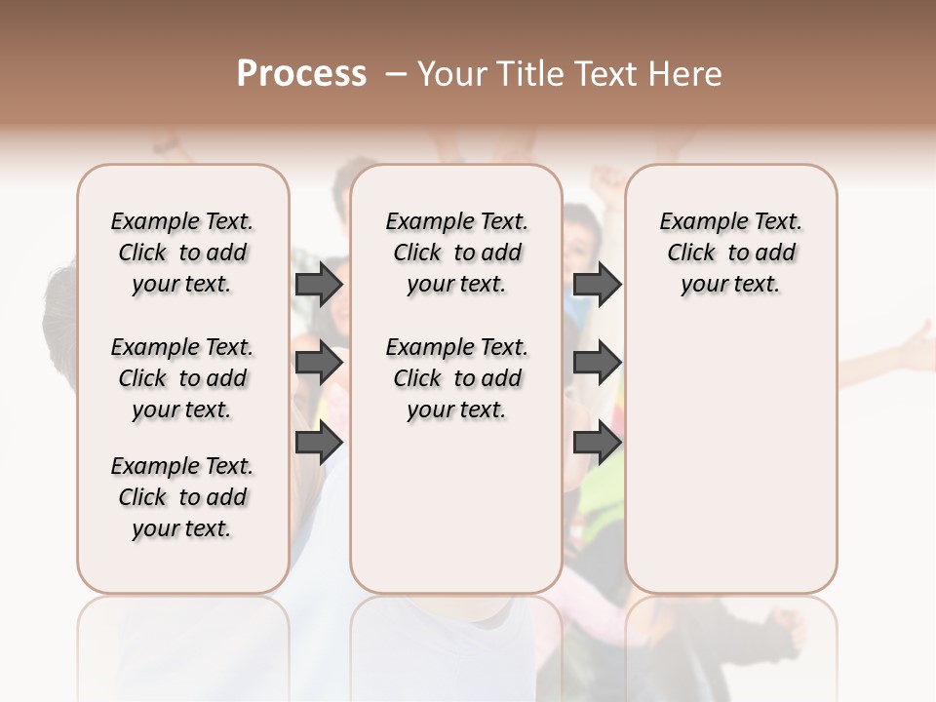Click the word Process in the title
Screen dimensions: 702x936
coord(301,74)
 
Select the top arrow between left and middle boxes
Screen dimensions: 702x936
coord(319,285)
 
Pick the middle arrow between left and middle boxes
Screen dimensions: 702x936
coord(319,364)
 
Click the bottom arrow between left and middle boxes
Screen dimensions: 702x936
coord(319,443)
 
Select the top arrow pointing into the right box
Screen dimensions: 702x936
coord(597,285)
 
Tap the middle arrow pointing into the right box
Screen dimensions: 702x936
coord(597,364)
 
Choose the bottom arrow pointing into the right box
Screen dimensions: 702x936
coord(597,443)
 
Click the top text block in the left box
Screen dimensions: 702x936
coord(182,253)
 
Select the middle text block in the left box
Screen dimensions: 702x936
coord(182,378)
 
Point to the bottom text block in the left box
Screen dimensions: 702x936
coord(182,497)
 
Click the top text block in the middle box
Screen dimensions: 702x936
coord(456,253)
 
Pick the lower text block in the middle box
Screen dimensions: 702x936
coord(456,378)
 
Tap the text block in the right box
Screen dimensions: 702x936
coord(730,253)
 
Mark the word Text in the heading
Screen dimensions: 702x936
coord(604,74)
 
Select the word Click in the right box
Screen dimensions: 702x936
coord(691,253)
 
